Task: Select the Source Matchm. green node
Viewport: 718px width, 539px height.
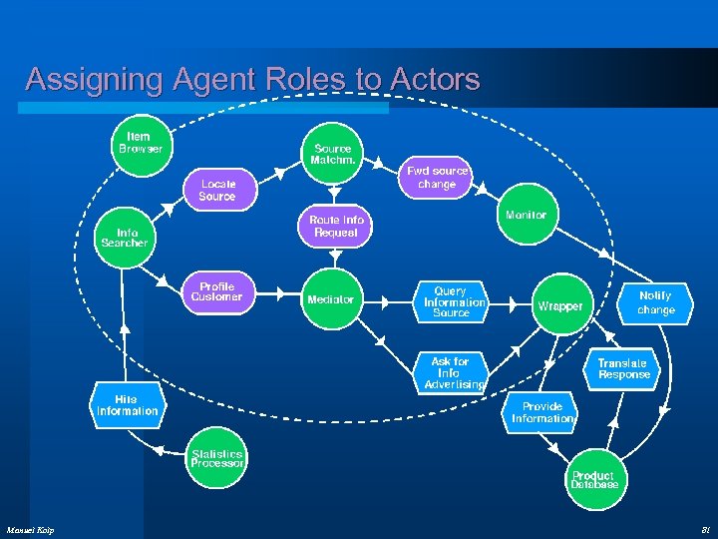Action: point(332,155)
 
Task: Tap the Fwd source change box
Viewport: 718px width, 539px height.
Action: point(437,178)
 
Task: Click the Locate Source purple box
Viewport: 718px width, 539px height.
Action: point(217,190)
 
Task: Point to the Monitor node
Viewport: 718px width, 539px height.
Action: point(526,216)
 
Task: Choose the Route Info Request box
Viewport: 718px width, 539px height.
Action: point(336,226)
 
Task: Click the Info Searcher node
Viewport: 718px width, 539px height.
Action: point(125,238)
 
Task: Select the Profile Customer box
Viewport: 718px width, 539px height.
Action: point(216,291)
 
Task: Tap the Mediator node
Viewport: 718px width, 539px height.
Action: point(330,299)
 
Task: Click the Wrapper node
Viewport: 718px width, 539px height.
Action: point(559,305)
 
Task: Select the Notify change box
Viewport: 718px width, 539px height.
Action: point(655,302)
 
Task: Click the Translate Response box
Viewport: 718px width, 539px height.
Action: point(623,368)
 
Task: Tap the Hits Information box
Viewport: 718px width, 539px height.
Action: point(127,405)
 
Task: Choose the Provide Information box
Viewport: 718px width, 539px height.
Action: point(541,412)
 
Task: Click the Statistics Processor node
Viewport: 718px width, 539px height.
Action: point(217,459)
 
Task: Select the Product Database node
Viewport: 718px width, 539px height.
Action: point(593,480)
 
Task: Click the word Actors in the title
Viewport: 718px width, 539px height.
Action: point(432,80)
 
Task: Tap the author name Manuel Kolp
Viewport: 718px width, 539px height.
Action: point(31,529)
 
